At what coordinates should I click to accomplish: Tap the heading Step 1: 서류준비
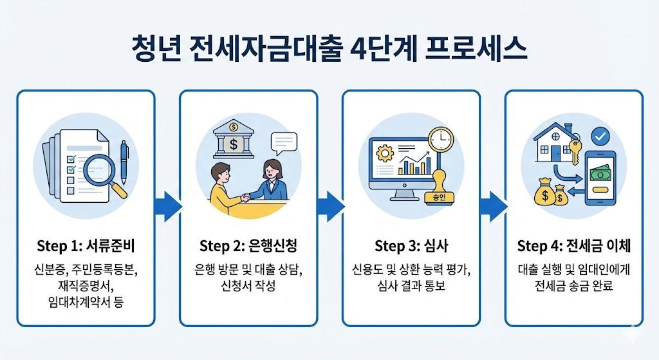click(86, 247)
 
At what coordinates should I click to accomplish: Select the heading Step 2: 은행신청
click(248, 247)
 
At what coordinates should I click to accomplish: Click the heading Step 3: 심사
click(411, 247)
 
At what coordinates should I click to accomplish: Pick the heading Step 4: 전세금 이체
click(573, 247)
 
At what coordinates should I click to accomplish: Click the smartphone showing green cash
click(602, 177)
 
